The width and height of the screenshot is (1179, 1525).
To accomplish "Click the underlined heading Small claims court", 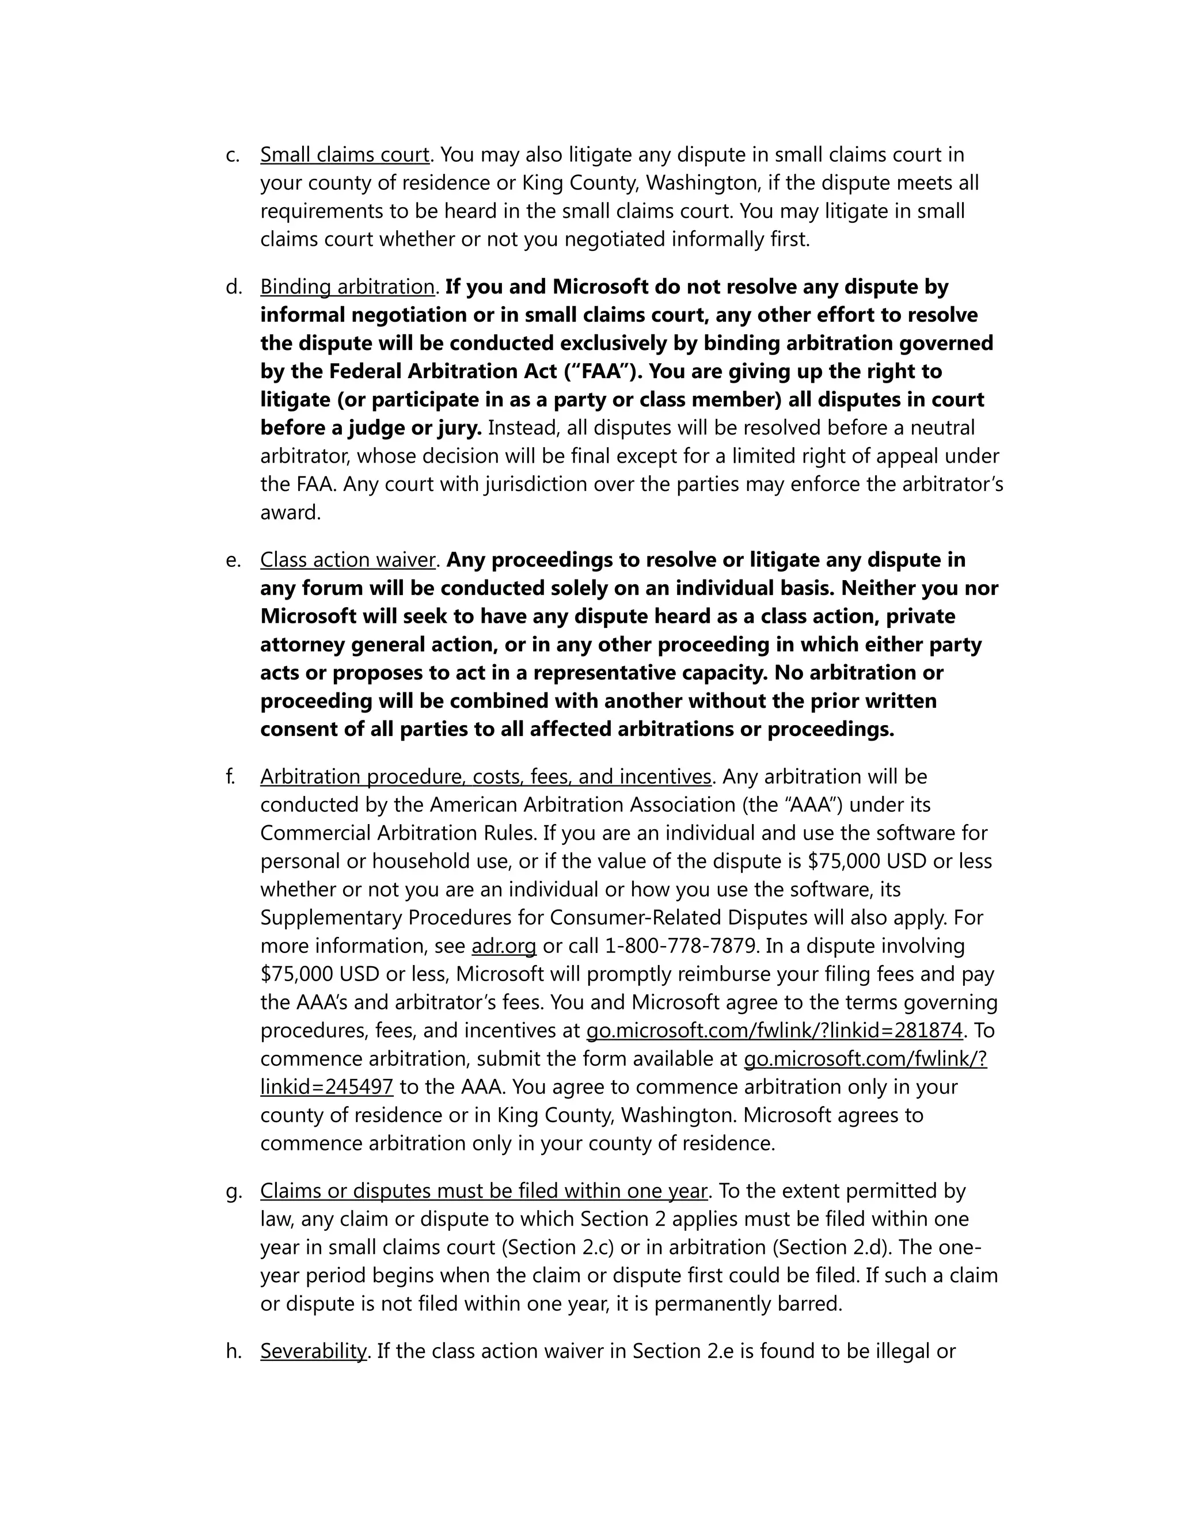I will click(344, 154).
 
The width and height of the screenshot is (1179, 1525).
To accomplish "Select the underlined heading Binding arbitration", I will click(348, 287).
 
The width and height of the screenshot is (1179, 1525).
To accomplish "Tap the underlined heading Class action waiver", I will click(348, 560).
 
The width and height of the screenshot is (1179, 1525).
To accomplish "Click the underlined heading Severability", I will click(313, 1351).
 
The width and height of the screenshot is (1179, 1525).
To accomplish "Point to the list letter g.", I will click(233, 1191).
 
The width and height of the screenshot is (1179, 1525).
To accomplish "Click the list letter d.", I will click(233, 287).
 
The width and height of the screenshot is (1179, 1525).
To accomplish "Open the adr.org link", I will click(504, 946).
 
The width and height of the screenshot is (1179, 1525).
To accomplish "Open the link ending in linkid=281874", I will click(774, 1031).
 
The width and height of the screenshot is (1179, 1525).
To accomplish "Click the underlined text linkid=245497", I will click(327, 1087).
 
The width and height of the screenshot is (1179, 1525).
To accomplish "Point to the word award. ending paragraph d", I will click(291, 513).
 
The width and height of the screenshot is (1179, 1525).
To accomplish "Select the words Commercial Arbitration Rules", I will click(398, 834).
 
